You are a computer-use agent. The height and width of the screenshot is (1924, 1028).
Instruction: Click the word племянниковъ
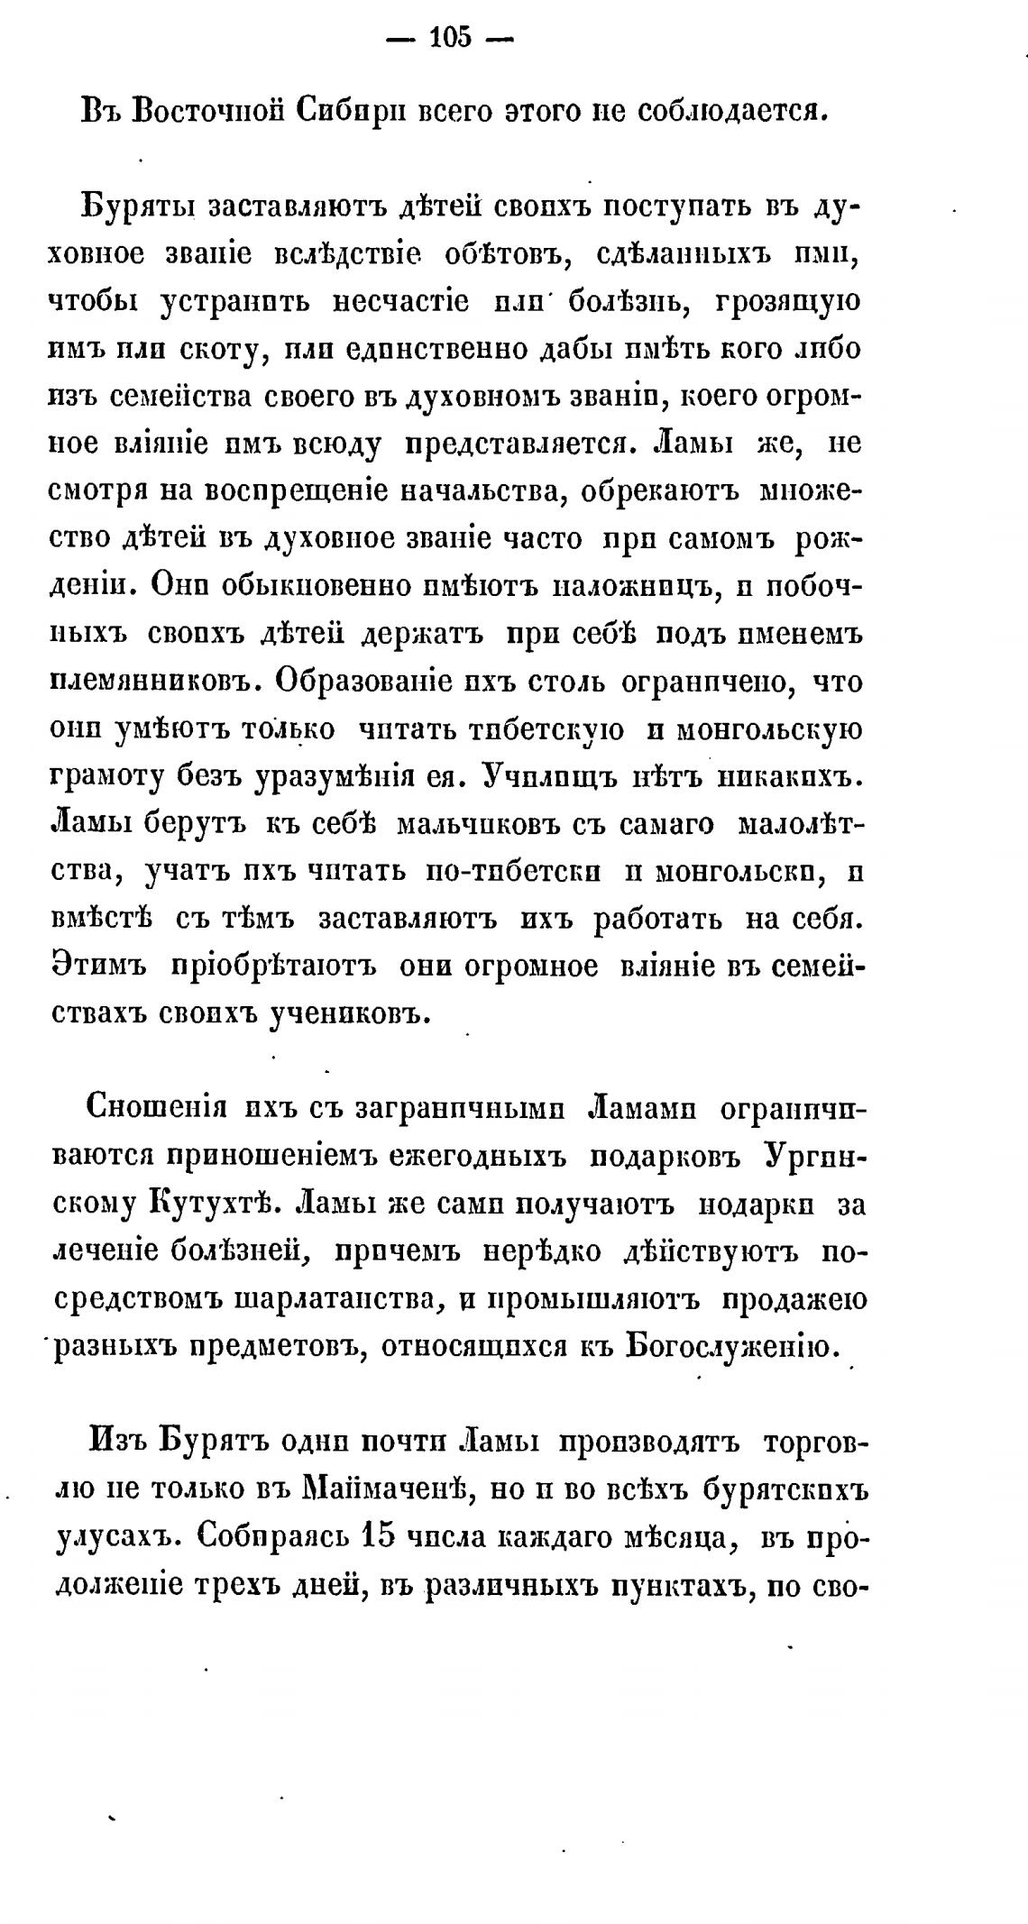pos(142,683)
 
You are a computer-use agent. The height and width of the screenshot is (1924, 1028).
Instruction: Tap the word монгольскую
pos(766,729)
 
